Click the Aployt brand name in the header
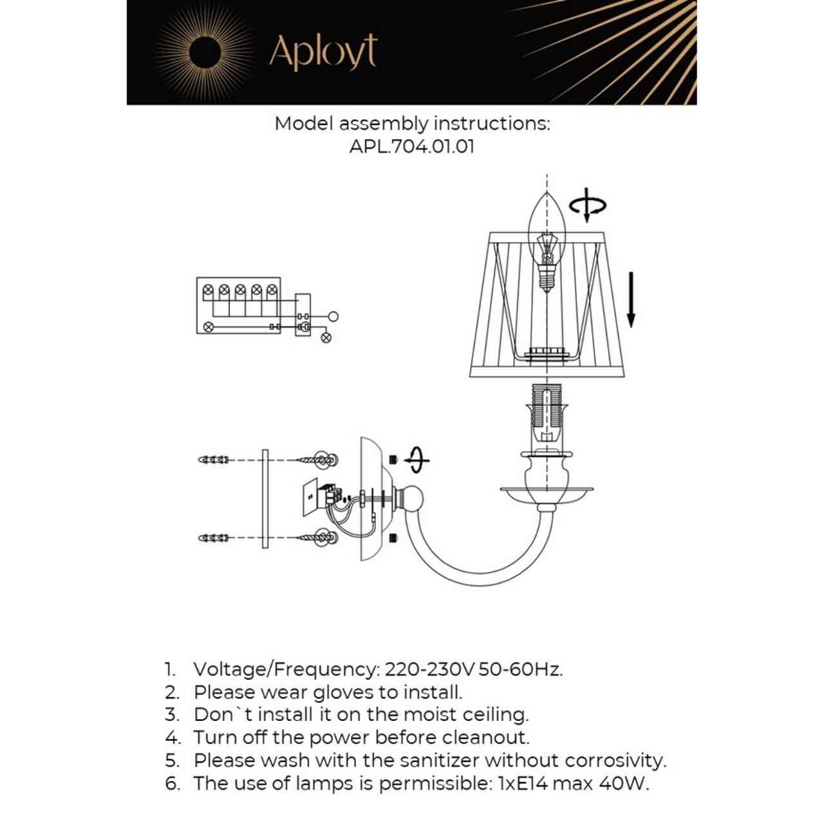click(x=323, y=52)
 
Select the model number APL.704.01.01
click(x=412, y=146)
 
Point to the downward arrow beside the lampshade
click(x=631, y=299)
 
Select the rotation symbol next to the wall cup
click(x=417, y=460)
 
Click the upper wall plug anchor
click(x=214, y=460)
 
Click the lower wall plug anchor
click(x=214, y=538)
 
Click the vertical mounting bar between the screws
click(x=265, y=499)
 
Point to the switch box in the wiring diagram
click(x=303, y=315)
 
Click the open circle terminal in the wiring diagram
click(x=333, y=316)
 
